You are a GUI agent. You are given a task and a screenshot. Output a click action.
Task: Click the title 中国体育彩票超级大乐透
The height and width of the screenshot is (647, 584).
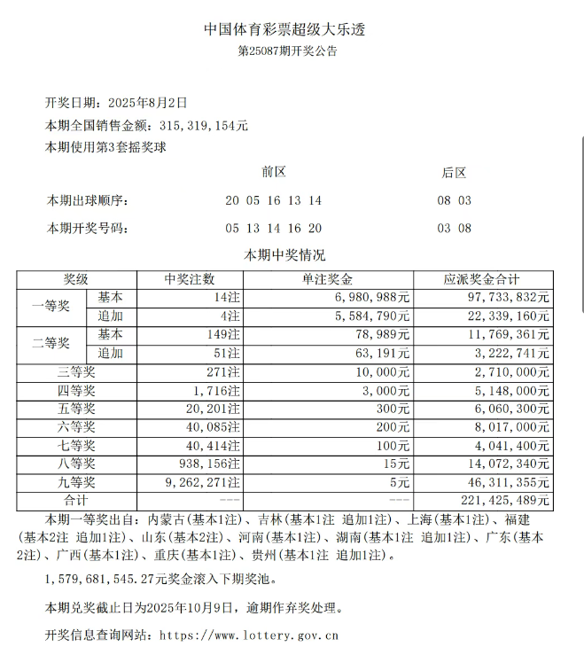click(284, 29)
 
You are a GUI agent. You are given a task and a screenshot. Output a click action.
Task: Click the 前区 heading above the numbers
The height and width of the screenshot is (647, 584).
click(274, 172)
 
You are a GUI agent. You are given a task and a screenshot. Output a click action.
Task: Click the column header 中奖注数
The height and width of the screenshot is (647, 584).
click(190, 279)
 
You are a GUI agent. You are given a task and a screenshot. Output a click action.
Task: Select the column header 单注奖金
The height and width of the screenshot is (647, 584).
click(328, 279)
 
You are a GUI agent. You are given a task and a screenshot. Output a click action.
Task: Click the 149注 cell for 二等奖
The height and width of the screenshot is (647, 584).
click(222, 334)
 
